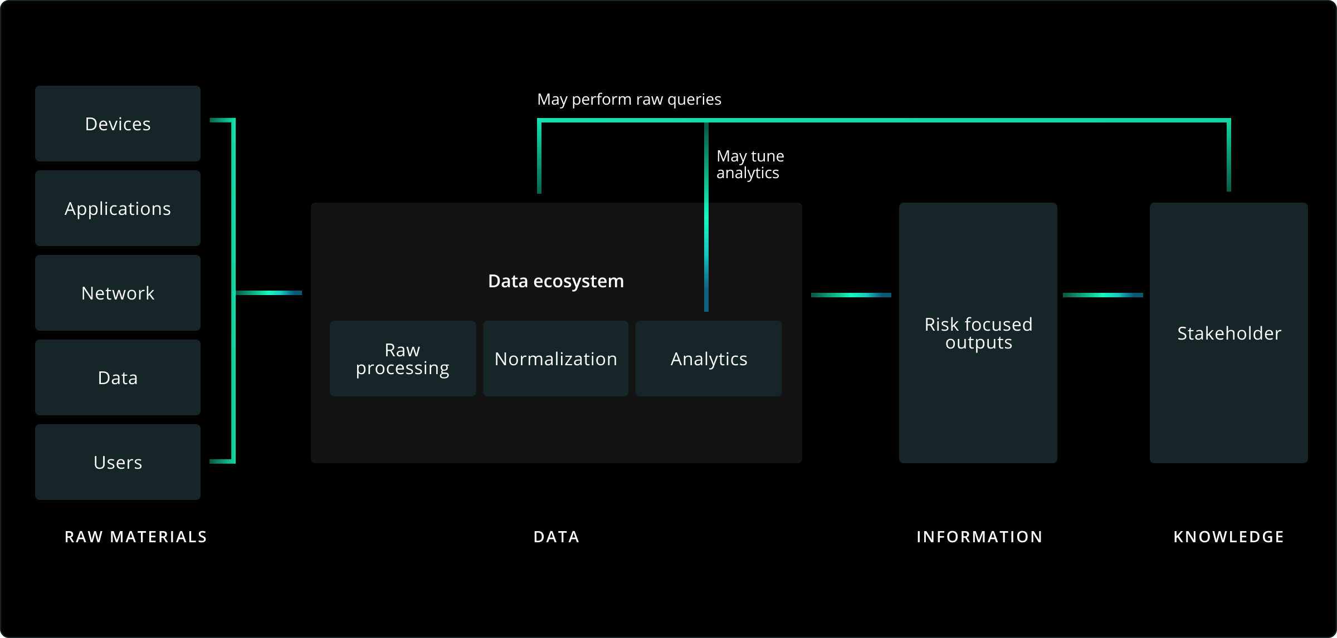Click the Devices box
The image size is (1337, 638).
(x=118, y=124)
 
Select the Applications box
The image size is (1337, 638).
(x=118, y=208)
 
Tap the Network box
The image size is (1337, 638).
(x=118, y=293)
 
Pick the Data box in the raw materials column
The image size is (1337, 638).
(x=118, y=377)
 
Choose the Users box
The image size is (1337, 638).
(x=118, y=462)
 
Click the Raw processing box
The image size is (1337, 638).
(x=402, y=359)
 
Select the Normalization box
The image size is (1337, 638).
(x=555, y=359)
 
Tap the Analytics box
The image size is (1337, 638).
(x=709, y=359)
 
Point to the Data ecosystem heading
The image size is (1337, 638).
(x=555, y=281)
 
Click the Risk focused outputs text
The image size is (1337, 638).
(x=978, y=333)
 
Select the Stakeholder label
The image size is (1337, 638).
(x=1229, y=333)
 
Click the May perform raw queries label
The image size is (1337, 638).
(x=629, y=99)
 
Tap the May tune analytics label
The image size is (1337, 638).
(x=749, y=164)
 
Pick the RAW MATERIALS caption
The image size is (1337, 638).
(x=136, y=537)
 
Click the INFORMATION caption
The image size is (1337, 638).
(x=979, y=537)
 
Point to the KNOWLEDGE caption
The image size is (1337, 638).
(x=1229, y=537)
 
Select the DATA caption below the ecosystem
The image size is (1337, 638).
(x=557, y=537)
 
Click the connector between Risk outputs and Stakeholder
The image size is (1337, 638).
(x=1102, y=295)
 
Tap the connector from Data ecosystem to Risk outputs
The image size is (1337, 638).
(x=851, y=295)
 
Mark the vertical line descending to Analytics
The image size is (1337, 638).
(x=706, y=234)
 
